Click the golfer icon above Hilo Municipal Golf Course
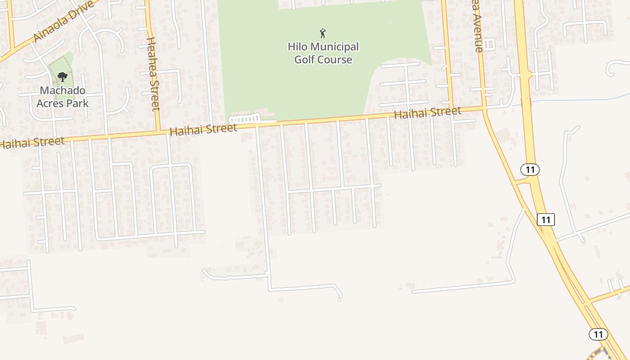coord(323,33)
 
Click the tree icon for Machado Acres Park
coord(63,77)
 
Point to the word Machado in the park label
coord(63,90)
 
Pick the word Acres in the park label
coord(50,103)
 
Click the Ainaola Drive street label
coord(65,22)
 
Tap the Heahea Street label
coord(153,74)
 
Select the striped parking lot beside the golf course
coord(244,119)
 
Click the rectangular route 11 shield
coord(546,220)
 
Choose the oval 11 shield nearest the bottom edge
coord(598,334)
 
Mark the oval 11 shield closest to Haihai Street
coord(530,170)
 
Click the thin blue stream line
coord(580,98)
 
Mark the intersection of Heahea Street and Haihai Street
coord(158,130)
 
